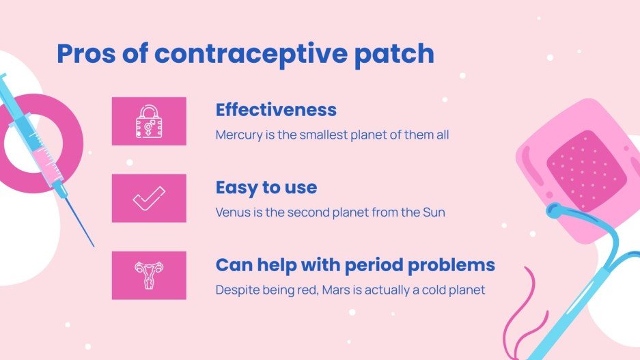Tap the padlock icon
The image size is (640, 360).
(x=149, y=121)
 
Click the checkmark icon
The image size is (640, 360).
(x=149, y=198)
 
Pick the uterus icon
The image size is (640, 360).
(x=149, y=275)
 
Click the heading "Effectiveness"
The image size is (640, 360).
(x=276, y=110)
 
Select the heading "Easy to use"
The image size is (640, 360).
(x=266, y=187)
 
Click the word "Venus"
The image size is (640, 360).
(x=232, y=212)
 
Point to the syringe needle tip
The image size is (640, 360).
(x=93, y=245)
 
